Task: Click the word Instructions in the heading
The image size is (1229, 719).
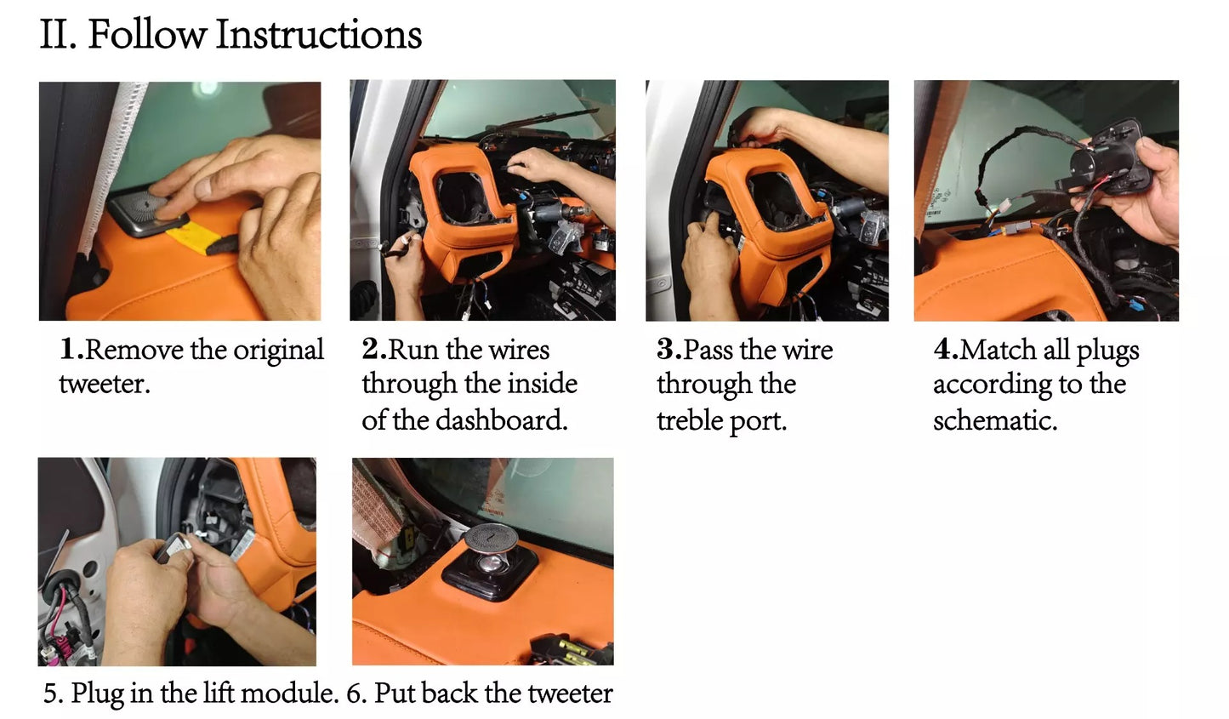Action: point(319,35)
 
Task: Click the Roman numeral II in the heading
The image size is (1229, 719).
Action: point(58,35)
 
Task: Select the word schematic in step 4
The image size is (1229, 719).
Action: point(995,421)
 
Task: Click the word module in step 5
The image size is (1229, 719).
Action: point(289,693)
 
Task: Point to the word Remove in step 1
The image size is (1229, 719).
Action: point(134,350)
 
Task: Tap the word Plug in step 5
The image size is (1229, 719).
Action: point(97,693)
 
